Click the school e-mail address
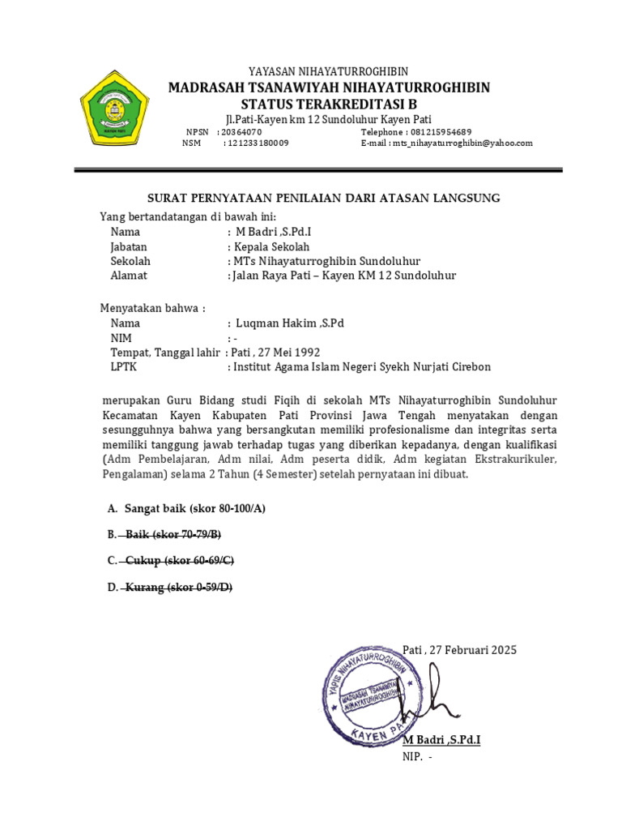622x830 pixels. coord(463,143)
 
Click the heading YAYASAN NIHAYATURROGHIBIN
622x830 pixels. coord(328,72)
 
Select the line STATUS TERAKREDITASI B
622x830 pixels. coord(328,104)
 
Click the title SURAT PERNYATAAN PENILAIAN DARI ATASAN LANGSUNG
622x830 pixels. coord(323,198)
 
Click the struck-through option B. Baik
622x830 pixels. coord(165,534)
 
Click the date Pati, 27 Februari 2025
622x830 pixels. coord(459,650)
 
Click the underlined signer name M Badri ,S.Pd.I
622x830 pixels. coord(441,741)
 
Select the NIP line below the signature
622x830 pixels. coord(417,757)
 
